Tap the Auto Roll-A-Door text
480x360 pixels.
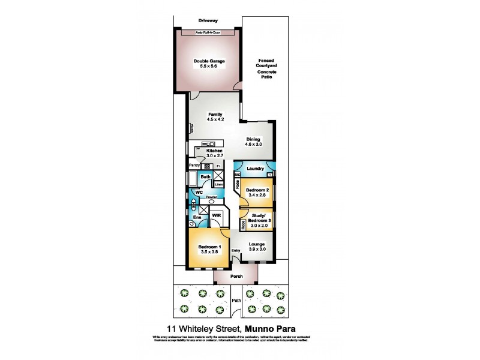coord(208,32)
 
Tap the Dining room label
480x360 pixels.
coord(253,139)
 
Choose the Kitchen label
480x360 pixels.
coord(214,151)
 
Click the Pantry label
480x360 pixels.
coord(194,165)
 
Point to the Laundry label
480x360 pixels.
coord(256,169)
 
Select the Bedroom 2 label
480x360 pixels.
coord(257,190)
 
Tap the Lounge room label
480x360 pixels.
coord(256,244)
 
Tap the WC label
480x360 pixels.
coord(199,192)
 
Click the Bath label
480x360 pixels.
coord(205,177)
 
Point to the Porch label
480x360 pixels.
coord(236,277)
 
